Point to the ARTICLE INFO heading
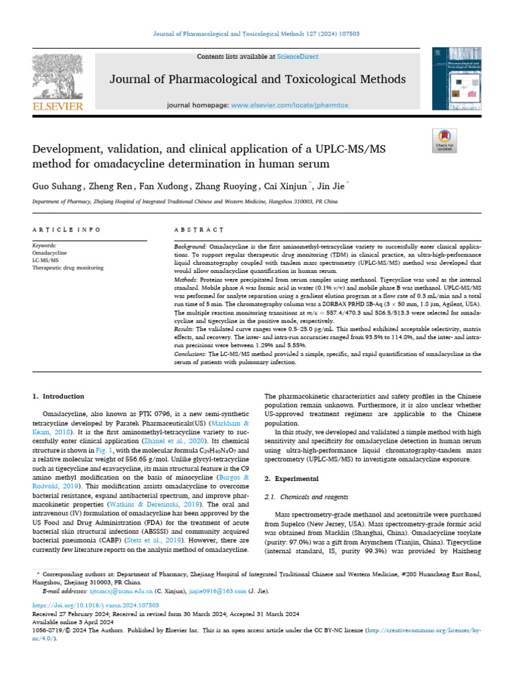(58, 229)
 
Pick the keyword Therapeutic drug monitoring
(68, 268)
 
